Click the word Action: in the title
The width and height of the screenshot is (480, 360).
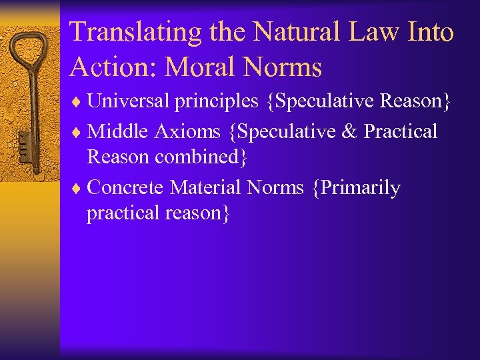[112, 67]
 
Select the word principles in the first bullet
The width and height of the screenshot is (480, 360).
[215, 101]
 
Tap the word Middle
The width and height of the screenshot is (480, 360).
[117, 131]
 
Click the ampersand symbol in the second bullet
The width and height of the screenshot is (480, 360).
[349, 131]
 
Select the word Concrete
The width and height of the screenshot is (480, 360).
[125, 187]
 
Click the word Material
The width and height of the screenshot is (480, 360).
[206, 187]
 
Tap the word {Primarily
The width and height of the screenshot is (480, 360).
[355, 188]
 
